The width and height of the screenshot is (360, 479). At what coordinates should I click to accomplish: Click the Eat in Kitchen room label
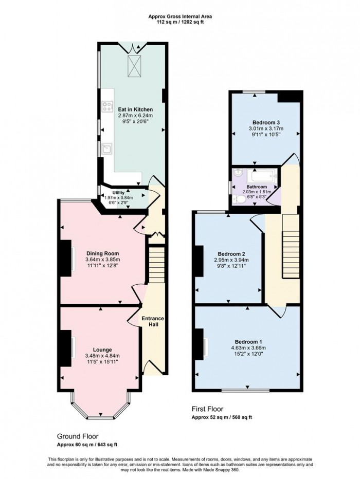pos(135,109)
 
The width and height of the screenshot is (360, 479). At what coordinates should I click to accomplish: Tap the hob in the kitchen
pos(107,106)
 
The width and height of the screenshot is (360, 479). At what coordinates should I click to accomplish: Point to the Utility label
pos(119,193)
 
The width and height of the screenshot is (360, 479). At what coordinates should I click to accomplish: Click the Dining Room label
pos(103,253)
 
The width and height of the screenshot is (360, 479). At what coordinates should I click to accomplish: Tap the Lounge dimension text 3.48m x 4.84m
pos(102,356)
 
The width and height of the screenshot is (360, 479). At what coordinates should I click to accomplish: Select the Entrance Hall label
pos(153,321)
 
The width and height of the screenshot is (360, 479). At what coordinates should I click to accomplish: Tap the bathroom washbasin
pos(238,173)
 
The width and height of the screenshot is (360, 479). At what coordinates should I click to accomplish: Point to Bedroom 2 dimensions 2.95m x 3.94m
pos(231,260)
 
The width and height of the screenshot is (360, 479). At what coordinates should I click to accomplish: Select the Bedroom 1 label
pos(248,342)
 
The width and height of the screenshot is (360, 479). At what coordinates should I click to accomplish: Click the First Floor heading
pos(207,409)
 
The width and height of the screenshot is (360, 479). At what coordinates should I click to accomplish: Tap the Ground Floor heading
pos(78,436)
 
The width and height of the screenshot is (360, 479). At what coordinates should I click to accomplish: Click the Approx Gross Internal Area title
pos(180,16)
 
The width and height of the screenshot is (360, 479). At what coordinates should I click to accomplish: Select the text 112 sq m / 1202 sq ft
pos(180,22)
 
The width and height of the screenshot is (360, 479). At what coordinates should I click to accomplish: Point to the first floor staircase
pos(291,247)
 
